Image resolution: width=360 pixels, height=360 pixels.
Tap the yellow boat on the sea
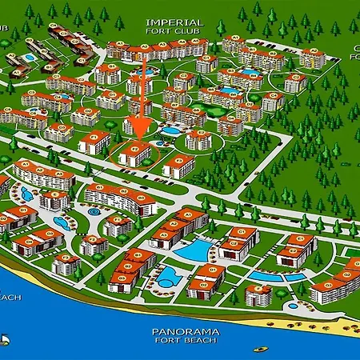[x=260, y=349]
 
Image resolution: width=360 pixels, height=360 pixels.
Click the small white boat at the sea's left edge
[x=4, y=339]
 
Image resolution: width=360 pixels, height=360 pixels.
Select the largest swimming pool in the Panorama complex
[x=193, y=250]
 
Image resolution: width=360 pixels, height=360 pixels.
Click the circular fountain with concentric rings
[x=94, y=213]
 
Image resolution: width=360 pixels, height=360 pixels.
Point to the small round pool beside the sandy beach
[x=293, y=306]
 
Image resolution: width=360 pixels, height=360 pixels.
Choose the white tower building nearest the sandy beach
[x=258, y=295]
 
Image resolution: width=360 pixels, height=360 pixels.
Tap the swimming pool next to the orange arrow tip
[x=170, y=130]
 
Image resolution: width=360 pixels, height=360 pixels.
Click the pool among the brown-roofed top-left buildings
[x=30, y=58]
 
